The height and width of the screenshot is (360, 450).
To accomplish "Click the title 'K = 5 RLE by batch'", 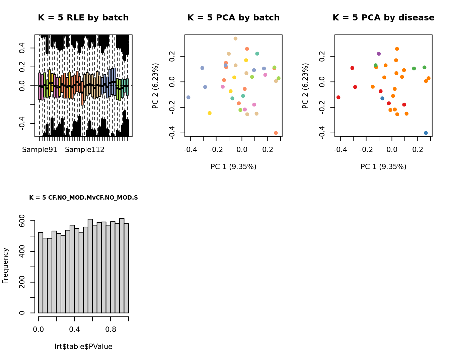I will [83, 18].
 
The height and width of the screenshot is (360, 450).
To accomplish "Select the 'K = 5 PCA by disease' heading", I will [383, 18].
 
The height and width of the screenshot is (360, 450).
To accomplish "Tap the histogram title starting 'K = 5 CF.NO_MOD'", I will [83, 198].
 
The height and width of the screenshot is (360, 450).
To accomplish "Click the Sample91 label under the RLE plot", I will [40, 150].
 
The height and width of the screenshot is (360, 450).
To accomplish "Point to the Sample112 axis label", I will [85, 150].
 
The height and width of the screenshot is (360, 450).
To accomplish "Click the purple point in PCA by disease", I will [379, 54].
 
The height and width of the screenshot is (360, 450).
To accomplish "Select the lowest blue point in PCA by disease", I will [426, 133].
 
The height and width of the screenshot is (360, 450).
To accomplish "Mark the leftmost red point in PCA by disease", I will [339, 97].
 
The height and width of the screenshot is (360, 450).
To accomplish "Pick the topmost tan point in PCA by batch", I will [235, 39].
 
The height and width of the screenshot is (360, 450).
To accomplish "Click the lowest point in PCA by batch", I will [276, 133].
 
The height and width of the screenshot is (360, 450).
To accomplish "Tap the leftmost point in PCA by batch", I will [189, 97].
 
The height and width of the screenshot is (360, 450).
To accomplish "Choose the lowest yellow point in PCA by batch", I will [210, 113].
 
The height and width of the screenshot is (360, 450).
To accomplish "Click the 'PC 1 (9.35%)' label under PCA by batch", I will [233, 167].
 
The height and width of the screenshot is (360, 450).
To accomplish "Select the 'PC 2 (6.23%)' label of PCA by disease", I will [305, 86].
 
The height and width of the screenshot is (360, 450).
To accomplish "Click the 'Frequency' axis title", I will [5, 266].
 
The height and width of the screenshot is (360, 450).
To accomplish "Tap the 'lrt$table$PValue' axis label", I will [83, 347].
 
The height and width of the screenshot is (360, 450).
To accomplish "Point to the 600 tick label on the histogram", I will [22, 221].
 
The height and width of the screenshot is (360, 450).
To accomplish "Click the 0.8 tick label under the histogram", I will [110, 329].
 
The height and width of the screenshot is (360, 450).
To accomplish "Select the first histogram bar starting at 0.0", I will [41, 273].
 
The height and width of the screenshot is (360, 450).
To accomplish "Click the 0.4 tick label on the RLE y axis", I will [22, 48].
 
